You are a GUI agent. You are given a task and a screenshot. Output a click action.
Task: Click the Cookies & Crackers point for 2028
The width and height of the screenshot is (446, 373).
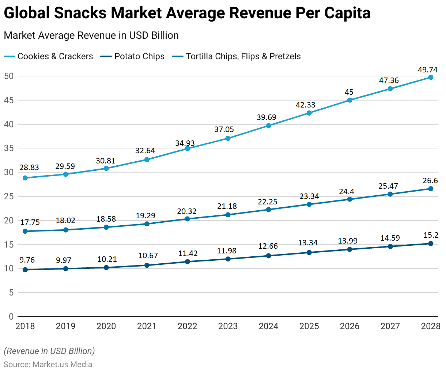pos(431,77)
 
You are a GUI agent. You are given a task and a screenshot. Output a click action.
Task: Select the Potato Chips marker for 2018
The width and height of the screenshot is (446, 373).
pos(25,270)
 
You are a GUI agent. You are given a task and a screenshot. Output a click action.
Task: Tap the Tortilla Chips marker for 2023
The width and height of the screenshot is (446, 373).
pos(228,215)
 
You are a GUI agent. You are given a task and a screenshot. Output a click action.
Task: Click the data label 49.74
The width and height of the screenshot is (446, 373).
pos(427,69)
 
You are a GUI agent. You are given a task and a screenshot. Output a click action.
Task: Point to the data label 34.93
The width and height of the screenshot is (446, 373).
pos(185,143)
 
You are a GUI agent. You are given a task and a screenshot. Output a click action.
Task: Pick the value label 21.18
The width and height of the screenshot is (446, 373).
pos(227,206)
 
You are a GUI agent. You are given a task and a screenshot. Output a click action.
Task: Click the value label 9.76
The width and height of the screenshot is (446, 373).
pos(27,260)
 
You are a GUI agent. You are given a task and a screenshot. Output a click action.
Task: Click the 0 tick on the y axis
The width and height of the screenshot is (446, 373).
pos(11,317)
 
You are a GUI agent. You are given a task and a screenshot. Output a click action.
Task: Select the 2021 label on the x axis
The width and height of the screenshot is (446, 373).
pos(147,326)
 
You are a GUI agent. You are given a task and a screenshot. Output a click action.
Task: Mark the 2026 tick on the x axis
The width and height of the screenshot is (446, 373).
pos(350,326)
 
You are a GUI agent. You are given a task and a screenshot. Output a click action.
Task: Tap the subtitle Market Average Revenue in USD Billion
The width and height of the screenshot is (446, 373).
pos(91,35)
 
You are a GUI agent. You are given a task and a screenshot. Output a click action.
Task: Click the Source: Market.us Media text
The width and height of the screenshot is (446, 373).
pos(48,365)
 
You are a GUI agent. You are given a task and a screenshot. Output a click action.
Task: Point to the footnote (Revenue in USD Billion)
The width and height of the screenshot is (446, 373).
pos(49,351)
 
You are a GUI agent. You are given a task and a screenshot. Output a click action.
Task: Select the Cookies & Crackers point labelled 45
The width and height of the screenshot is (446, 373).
pos(350,100)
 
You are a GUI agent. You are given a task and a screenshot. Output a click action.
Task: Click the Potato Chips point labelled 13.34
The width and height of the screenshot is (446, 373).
pos(309,252)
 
